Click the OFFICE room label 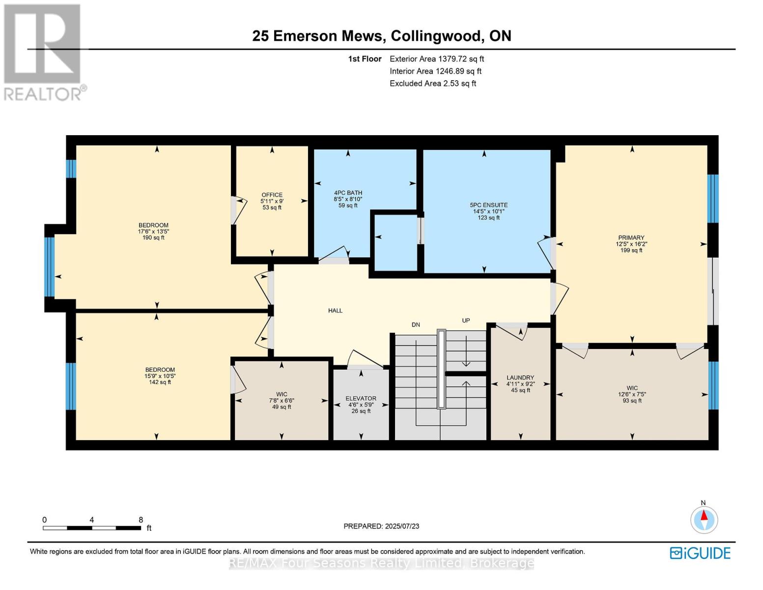click(x=271, y=195)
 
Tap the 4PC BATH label click(x=348, y=193)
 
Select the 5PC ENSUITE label click(x=488, y=205)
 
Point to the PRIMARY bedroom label click(x=631, y=237)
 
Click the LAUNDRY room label click(x=520, y=378)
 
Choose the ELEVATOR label click(x=361, y=398)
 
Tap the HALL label click(x=335, y=310)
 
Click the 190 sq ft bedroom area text click(x=153, y=238)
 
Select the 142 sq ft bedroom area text click(x=160, y=382)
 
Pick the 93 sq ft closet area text click(x=632, y=401)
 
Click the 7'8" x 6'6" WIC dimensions click(x=282, y=400)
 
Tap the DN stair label click(x=416, y=324)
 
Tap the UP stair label click(x=466, y=321)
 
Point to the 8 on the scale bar click(x=141, y=520)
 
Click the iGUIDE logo click(x=700, y=553)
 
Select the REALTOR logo click(x=43, y=52)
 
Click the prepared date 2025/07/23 click(x=402, y=526)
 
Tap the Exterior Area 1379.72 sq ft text click(x=437, y=59)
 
